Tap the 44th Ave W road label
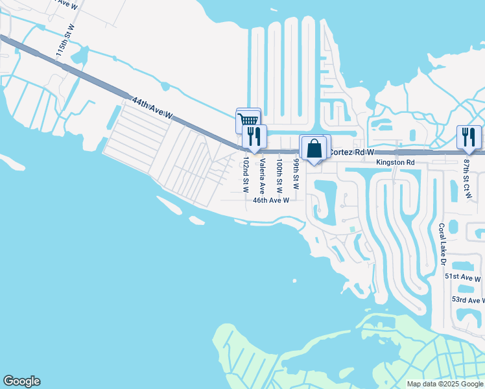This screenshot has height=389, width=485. click(x=152, y=108)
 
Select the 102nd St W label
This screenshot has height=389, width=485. click(x=246, y=174)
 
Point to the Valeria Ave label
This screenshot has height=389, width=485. click(x=263, y=177)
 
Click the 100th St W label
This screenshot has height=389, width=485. click(x=279, y=176)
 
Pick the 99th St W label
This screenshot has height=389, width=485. click(x=296, y=173)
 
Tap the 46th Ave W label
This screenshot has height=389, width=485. click(x=270, y=200)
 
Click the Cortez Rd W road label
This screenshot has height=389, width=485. click(x=351, y=152)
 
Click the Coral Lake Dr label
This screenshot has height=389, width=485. click(x=442, y=244)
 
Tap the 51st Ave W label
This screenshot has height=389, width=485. click(x=463, y=277)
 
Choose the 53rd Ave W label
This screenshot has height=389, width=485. click(x=467, y=300)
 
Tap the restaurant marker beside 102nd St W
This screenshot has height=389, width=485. click(x=254, y=136)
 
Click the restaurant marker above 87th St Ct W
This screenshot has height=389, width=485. click(x=469, y=136)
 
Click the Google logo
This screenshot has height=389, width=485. click(x=21, y=381)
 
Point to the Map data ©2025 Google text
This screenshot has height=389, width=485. click(x=445, y=384)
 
